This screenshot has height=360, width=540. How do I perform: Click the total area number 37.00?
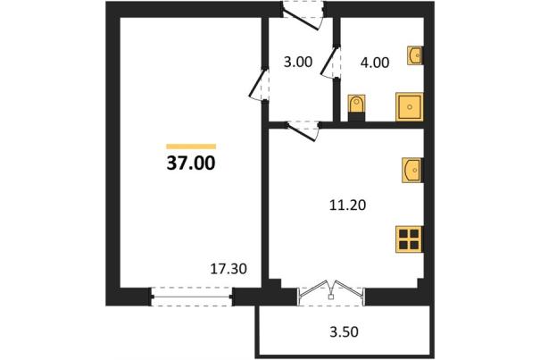[x=191, y=163]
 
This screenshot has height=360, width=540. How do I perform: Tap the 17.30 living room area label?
[x=228, y=269]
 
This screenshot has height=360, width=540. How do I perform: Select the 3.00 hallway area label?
[x=298, y=62]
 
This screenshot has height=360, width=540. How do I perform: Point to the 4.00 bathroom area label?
[x=375, y=63]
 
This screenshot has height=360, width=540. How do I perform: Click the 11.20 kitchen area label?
[x=348, y=205]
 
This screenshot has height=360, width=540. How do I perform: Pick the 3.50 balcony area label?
[x=344, y=331]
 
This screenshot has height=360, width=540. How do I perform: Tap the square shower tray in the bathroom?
[x=409, y=107]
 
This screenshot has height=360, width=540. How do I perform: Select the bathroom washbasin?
[x=415, y=55]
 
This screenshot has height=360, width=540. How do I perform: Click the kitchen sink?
[x=412, y=170]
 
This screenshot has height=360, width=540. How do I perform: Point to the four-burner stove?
[x=409, y=239]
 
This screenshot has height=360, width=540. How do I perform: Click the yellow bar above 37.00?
[x=191, y=147]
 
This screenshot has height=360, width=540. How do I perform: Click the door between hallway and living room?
[x=258, y=85]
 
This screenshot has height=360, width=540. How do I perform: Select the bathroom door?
[x=330, y=62]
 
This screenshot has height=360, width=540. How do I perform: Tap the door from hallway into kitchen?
[x=303, y=130]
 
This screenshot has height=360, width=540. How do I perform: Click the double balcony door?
[x=330, y=292]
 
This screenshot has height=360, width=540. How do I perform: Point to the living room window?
[x=192, y=297]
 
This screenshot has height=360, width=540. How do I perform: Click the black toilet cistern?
[x=356, y=116]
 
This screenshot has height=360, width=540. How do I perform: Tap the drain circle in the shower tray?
[x=410, y=107]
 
